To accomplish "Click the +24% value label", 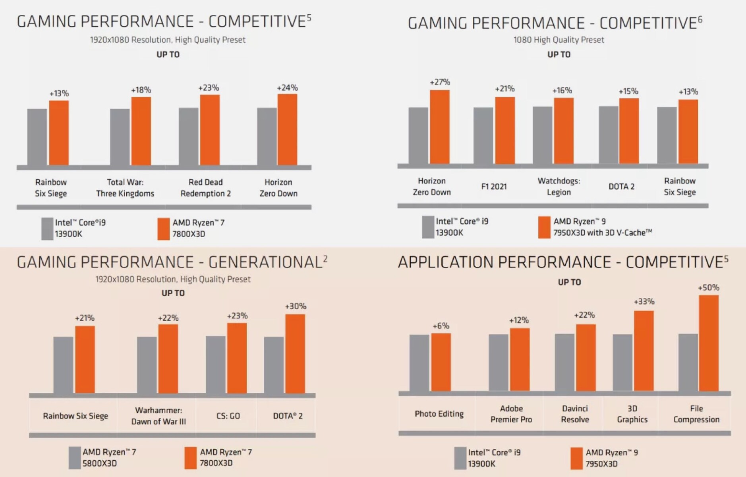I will tap(287, 88).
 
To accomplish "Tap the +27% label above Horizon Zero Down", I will tap(440, 82).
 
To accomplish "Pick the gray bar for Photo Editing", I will tap(419, 363).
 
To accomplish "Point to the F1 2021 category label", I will tap(494, 186).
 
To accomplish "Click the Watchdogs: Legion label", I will tap(559, 186).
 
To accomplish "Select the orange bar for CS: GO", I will tap(237, 358).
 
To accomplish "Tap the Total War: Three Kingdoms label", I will tap(125, 188).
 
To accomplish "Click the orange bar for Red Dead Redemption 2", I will tap(210, 130).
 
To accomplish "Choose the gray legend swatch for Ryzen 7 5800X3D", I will tap(75, 458).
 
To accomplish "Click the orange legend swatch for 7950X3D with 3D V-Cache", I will tap(544, 227).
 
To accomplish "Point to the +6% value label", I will tap(441, 326).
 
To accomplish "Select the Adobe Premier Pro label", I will tap(511, 414).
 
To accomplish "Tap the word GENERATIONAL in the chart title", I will tap(265, 262).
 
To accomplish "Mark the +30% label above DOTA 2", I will tap(296, 306).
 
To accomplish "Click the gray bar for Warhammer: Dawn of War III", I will tap(147, 365).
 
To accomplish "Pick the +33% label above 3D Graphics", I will tap(644, 302).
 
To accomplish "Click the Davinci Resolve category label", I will tap(575, 414).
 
